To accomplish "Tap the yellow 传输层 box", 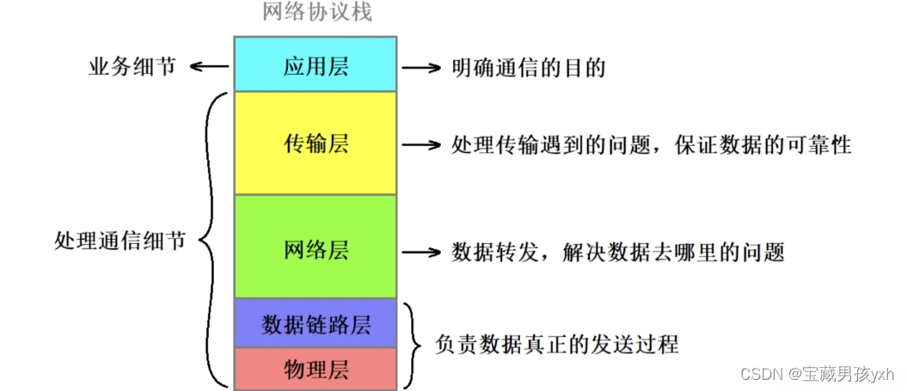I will pos(316,144).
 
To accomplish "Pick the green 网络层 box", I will pos(316,250).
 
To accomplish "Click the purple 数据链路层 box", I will pos(316,325).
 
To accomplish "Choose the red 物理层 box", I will pos(316,370).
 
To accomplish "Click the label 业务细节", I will pos(132,68).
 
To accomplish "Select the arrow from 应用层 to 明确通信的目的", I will pos(421,68).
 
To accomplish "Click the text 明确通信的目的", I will pos(528,68).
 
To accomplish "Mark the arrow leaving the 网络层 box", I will pos(421,252).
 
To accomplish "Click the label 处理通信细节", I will pos(120,241).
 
